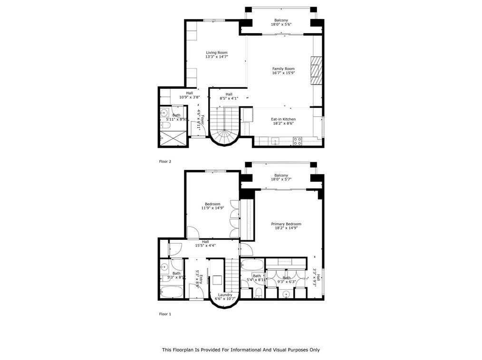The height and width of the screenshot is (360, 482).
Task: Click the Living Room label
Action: tap(216, 52)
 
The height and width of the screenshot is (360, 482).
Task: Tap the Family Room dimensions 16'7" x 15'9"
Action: tap(283, 73)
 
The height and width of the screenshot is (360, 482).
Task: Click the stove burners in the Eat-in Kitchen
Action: tap(297, 141)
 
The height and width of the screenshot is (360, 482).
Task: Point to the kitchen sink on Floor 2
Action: tap(275, 141)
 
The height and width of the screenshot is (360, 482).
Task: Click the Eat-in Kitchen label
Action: tap(283, 119)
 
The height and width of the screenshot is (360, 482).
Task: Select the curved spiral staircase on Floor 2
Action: tap(225, 135)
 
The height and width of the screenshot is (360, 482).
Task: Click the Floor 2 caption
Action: tap(165, 161)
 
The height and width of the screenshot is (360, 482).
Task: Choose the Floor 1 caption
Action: tap(165, 314)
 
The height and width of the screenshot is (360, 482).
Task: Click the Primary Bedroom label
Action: tap(286, 224)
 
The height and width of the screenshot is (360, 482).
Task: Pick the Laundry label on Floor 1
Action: tap(226, 294)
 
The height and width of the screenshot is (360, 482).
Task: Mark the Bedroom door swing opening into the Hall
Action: tap(193, 233)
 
